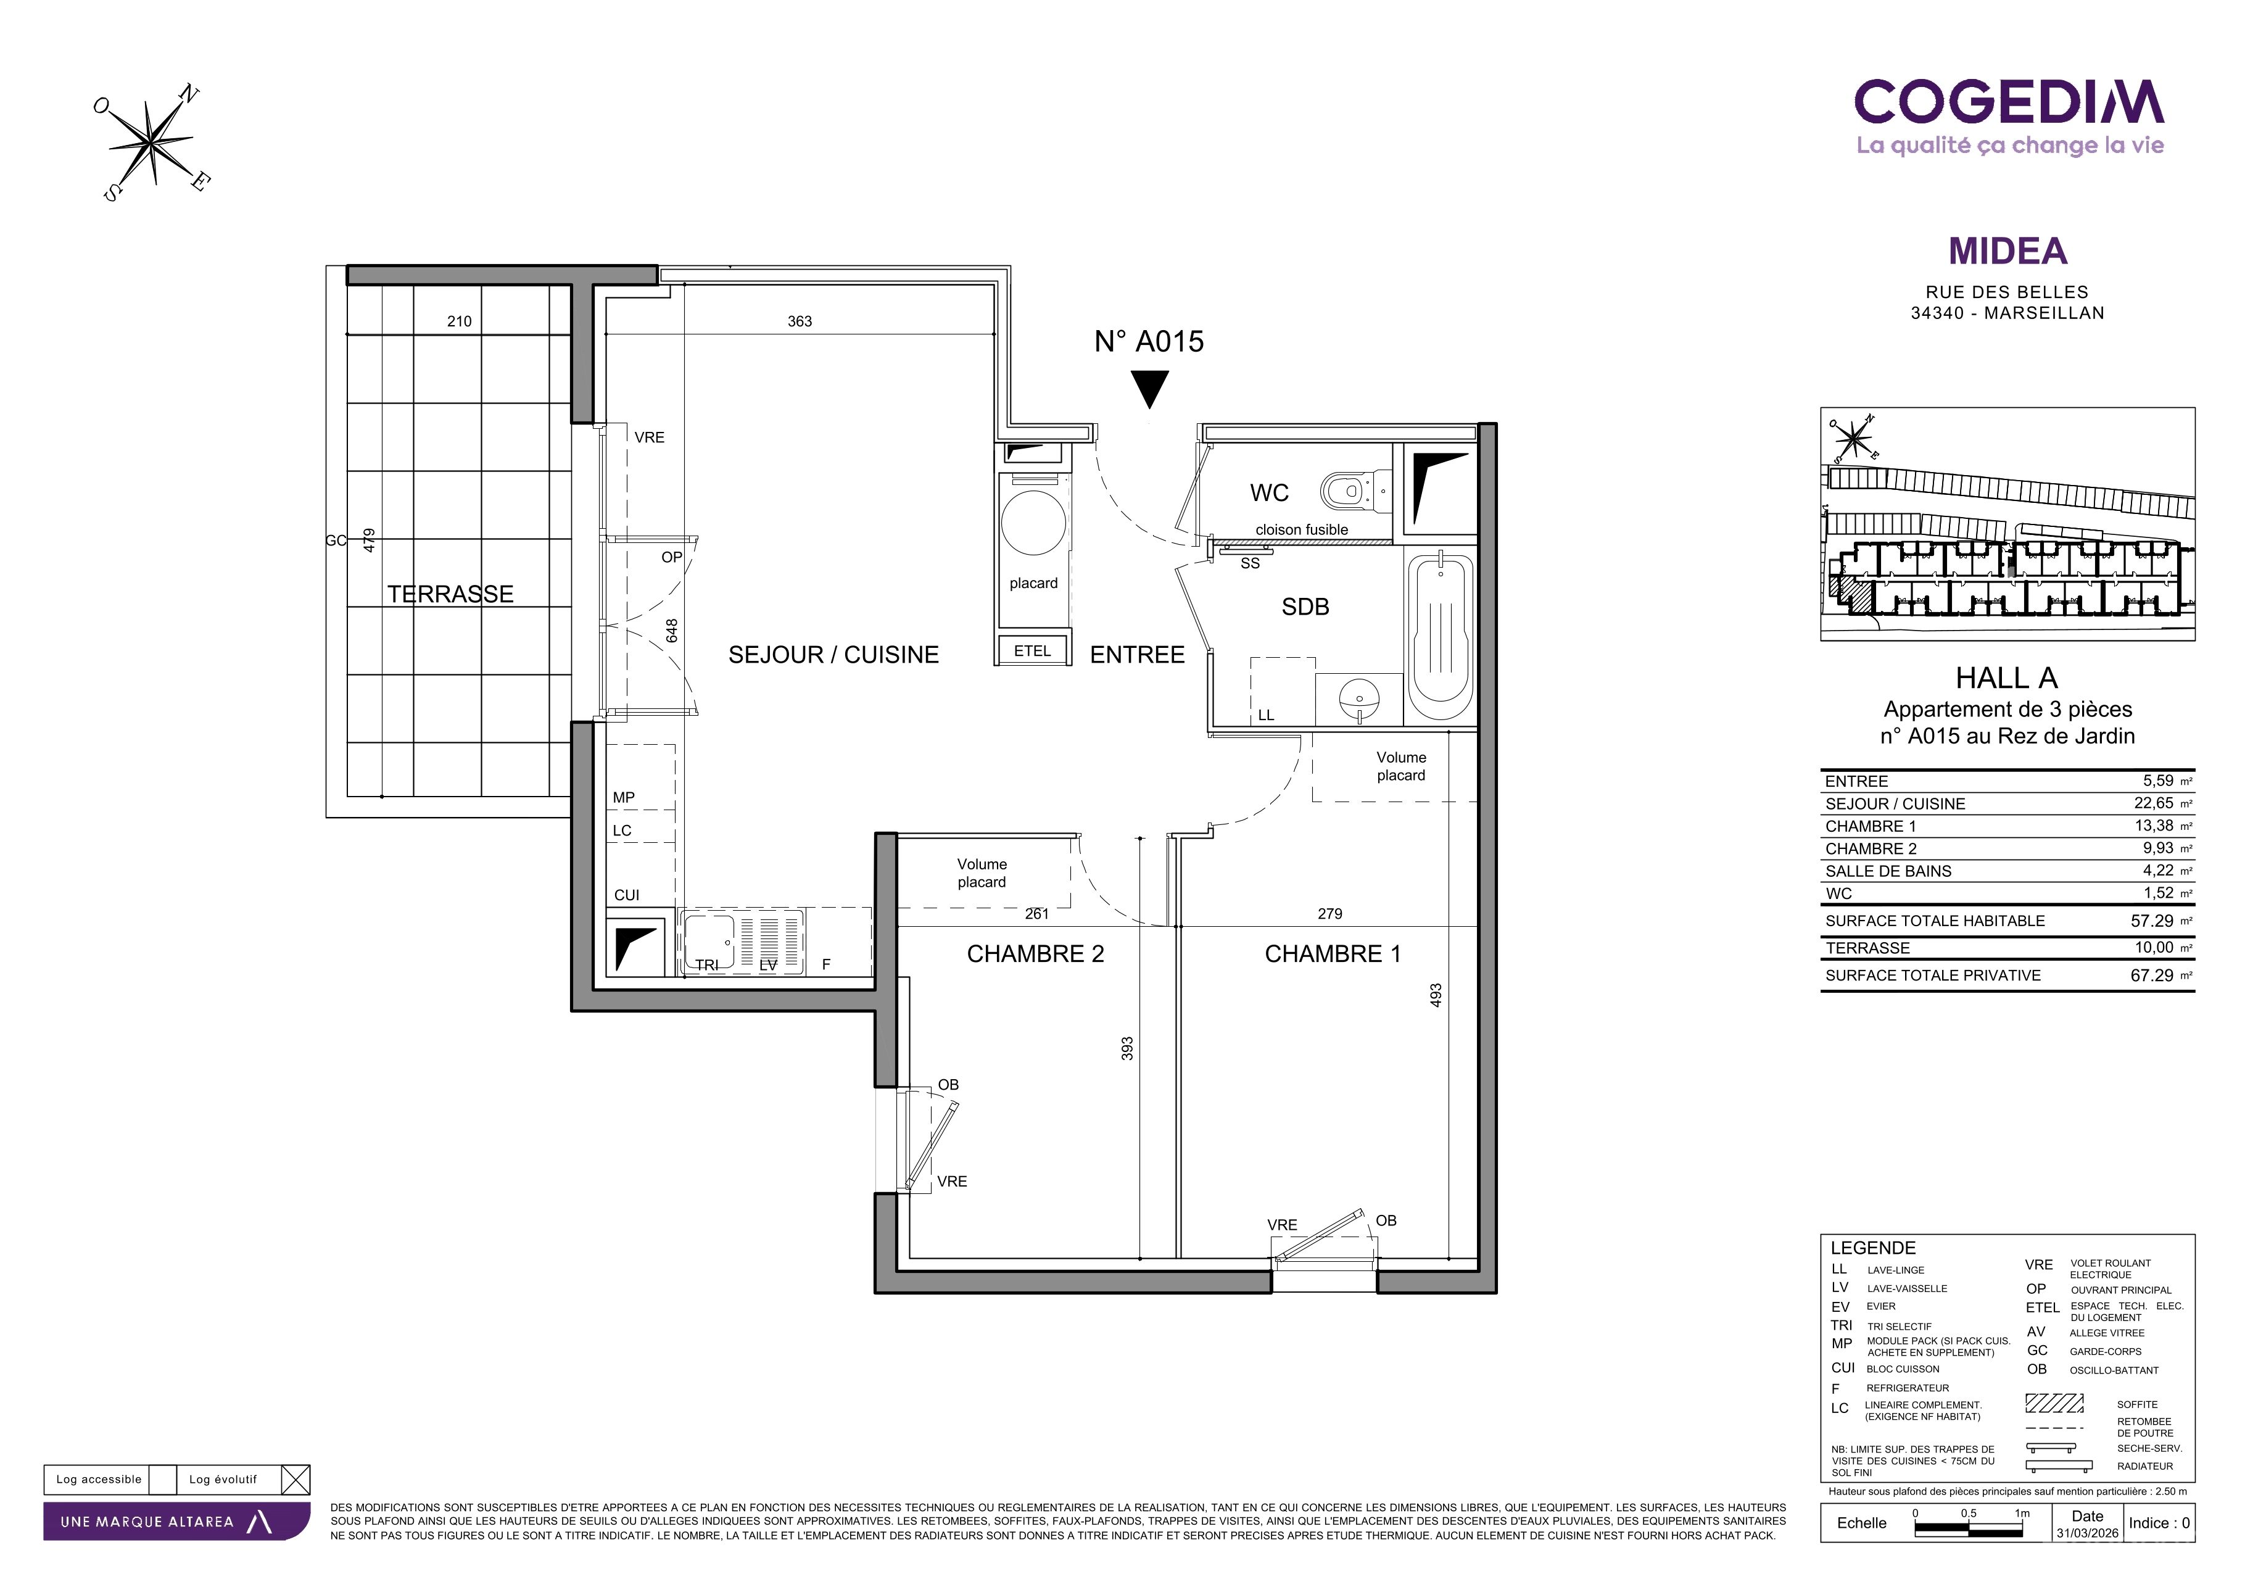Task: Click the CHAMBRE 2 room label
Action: coord(1035,955)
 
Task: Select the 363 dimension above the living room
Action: coord(800,321)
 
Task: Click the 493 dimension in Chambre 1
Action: coord(1436,997)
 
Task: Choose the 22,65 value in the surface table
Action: coord(2153,803)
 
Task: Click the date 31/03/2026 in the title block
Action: coord(2088,1533)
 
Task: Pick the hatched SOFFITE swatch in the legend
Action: coord(2053,1403)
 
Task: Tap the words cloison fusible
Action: coord(1302,530)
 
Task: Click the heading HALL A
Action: coord(2006,677)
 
